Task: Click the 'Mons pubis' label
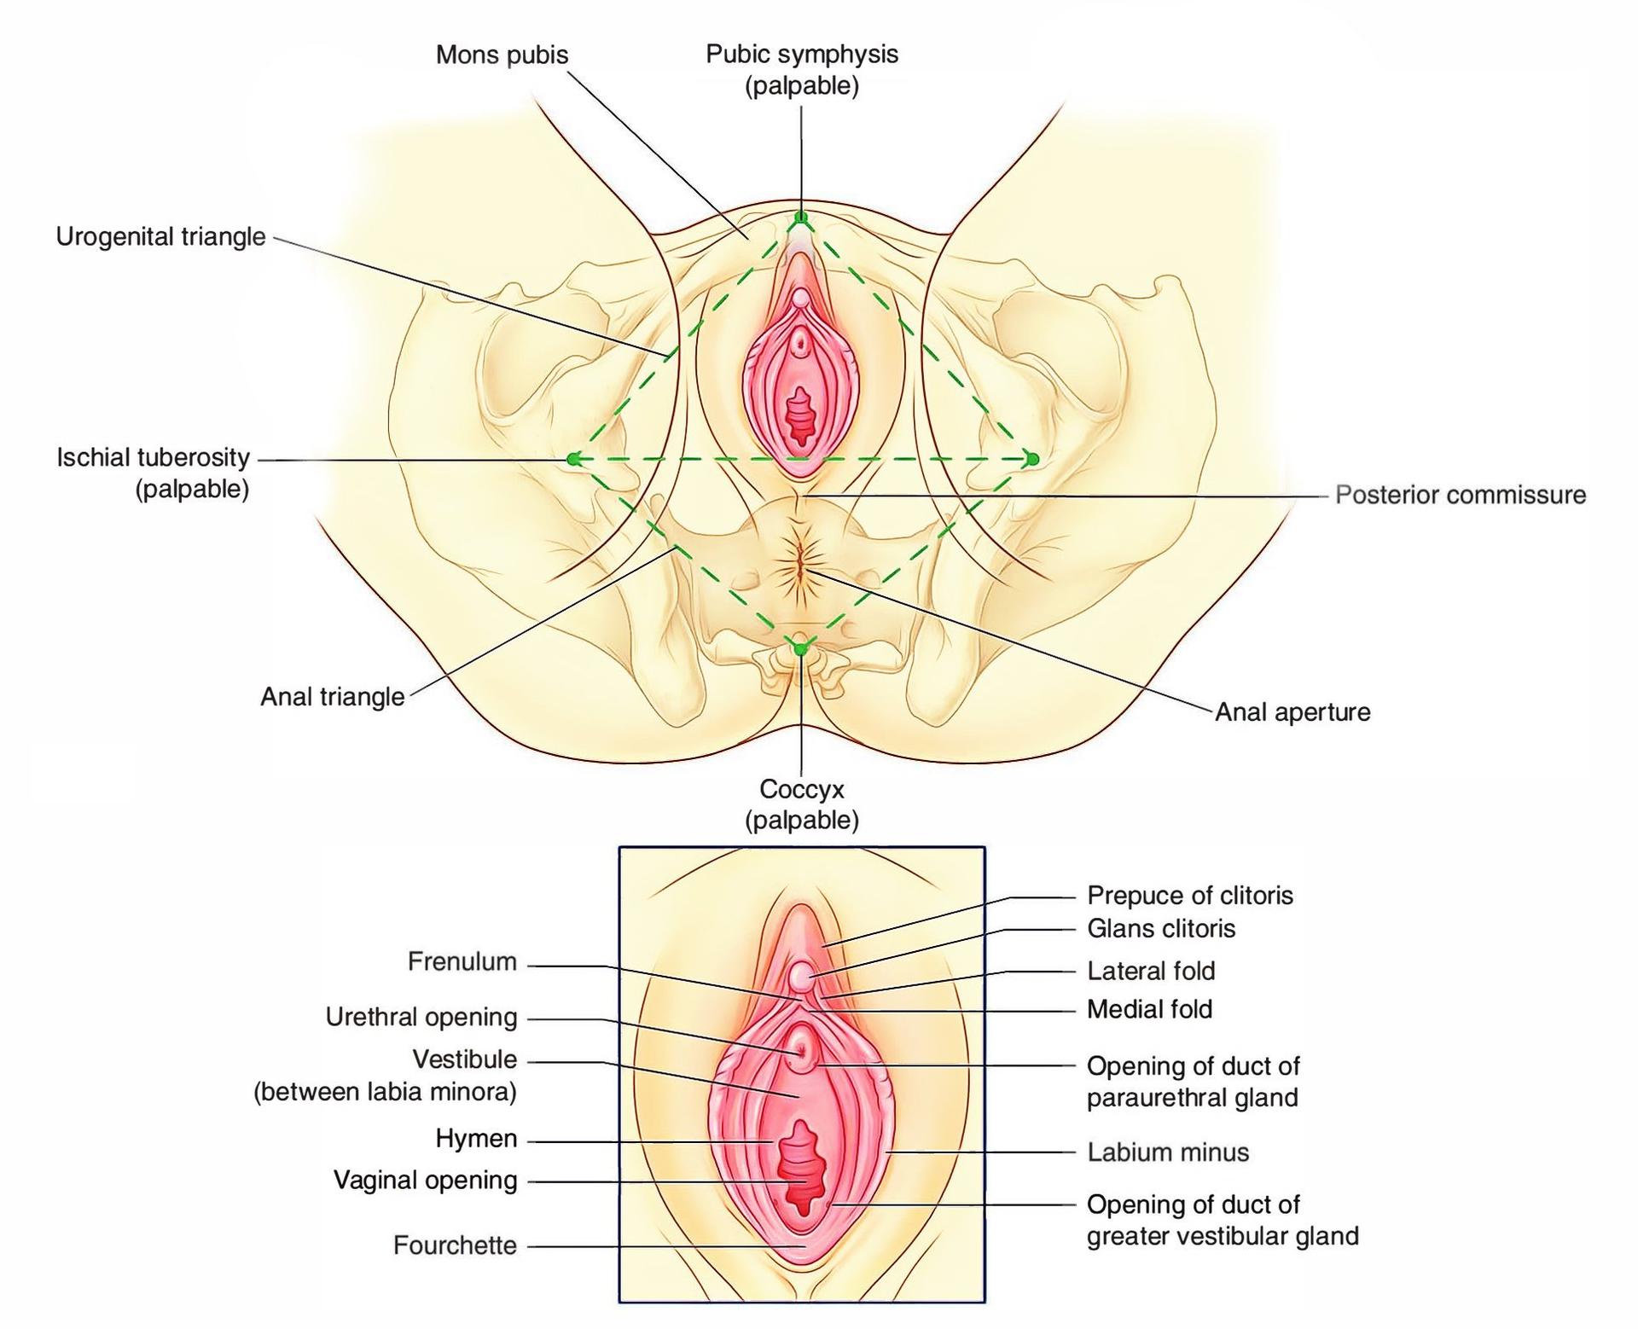coord(502,55)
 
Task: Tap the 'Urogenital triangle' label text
coord(161,237)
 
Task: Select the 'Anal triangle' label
coord(333,697)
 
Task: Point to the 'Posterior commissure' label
coord(1461,495)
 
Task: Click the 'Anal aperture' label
coord(1292,712)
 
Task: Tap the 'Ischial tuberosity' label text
coord(154,458)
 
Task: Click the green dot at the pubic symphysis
coord(801,218)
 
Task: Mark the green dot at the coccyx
coord(800,649)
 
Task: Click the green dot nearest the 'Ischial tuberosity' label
coord(573,459)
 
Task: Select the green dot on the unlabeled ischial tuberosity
coord(1032,459)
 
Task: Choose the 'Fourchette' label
coord(455,1245)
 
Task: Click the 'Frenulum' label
coord(462,962)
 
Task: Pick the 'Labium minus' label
coord(1168,1152)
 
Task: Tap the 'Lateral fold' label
coord(1151,971)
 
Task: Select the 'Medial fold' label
coord(1149,1009)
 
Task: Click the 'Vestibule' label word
coord(465,1059)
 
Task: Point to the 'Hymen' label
coord(476,1139)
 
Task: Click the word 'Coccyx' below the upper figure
coord(802,789)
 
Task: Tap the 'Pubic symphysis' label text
coord(802,55)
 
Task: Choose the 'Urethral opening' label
coord(421,1018)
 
